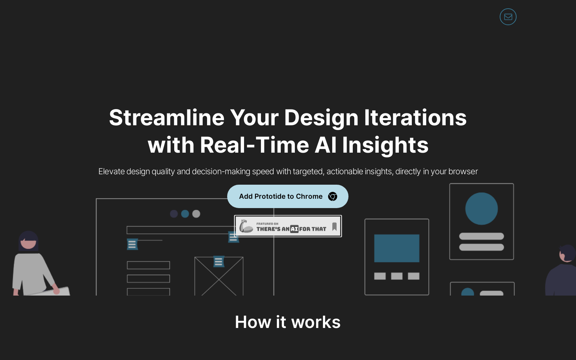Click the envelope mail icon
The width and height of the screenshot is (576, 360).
pyautogui.click(x=508, y=17)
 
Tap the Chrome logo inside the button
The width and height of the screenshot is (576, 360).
pyautogui.click(x=333, y=197)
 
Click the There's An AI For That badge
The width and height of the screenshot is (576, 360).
pyautogui.click(x=288, y=226)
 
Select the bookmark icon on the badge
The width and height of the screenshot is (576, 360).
pyautogui.click(x=334, y=226)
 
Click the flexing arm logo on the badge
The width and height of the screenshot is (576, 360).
pyautogui.click(x=246, y=226)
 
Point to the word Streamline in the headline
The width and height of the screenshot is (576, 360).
pyautogui.click(x=167, y=117)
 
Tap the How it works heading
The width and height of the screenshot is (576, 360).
pyautogui.click(x=288, y=322)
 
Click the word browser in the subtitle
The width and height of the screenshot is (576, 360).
pyautogui.click(x=463, y=171)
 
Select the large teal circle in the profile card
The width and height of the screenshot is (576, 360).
pyautogui.click(x=481, y=208)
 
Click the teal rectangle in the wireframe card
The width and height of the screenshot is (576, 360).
pyautogui.click(x=396, y=248)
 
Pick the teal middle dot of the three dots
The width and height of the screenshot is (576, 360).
pyautogui.click(x=185, y=214)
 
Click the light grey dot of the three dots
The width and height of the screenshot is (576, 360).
pyautogui.click(x=196, y=214)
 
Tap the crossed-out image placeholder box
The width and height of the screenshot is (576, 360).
pyautogui.click(x=219, y=276)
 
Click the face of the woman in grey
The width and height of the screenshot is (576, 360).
pyautogui.click(x=28, y=243)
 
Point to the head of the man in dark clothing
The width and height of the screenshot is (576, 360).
pyautogui.click(x=567, y=253)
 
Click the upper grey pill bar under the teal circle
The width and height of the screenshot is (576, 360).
pyautogui.click(x=481, y=236)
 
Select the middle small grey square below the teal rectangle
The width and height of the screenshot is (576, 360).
pyautogui.click(x=396, y=276)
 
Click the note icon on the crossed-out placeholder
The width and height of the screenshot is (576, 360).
pyautogui.click(x=219, y=261)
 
